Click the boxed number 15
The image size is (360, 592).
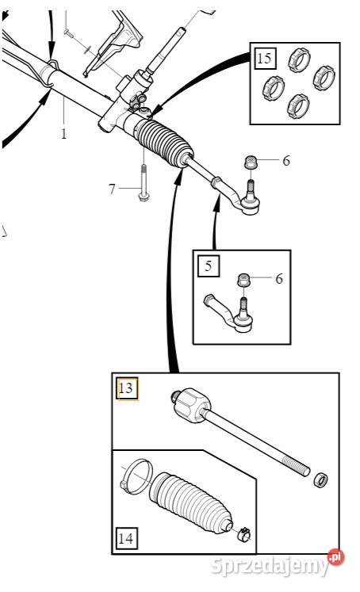[x=264, y=58]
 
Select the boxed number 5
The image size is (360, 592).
[x=208, y=265]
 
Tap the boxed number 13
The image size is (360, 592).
[x=126, y=388]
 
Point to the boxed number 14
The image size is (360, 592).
[x=126, y=538]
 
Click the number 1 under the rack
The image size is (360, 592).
[x=64, y=133]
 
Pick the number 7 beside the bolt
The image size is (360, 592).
[x=112, y=189]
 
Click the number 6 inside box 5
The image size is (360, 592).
[x=279, y=279]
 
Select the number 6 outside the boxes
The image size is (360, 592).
[x=286, y=160]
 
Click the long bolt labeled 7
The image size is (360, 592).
[x=144, y=182]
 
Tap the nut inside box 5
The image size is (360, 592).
[x=243, y=281]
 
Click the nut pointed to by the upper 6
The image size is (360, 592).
[x=251, y=162]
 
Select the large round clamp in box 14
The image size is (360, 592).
[x=136, y=476]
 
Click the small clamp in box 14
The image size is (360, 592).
[x=244, y=534]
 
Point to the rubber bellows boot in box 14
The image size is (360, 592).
[x=190, y=502]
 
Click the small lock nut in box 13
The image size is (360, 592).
[x=320, y=479]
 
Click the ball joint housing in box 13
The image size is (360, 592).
[x=191, y=404]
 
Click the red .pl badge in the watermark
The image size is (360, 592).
[x=336, y=557]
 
